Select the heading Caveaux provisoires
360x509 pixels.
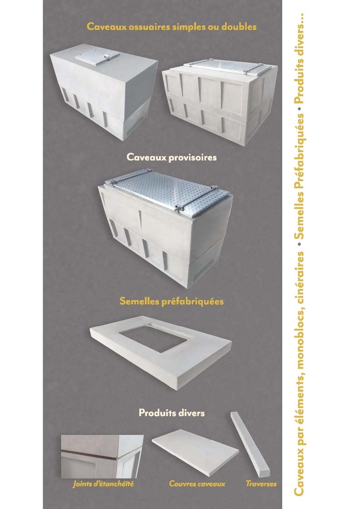[172, 157]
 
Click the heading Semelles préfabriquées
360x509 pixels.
[172, 301]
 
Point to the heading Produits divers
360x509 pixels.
[172, 413]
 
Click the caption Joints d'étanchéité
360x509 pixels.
[103, 484]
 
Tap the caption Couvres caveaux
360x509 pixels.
[197, 484]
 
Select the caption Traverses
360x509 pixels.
[261, 484]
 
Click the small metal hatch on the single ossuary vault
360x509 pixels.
[97, 56]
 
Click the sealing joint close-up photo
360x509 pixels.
[102, 457]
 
